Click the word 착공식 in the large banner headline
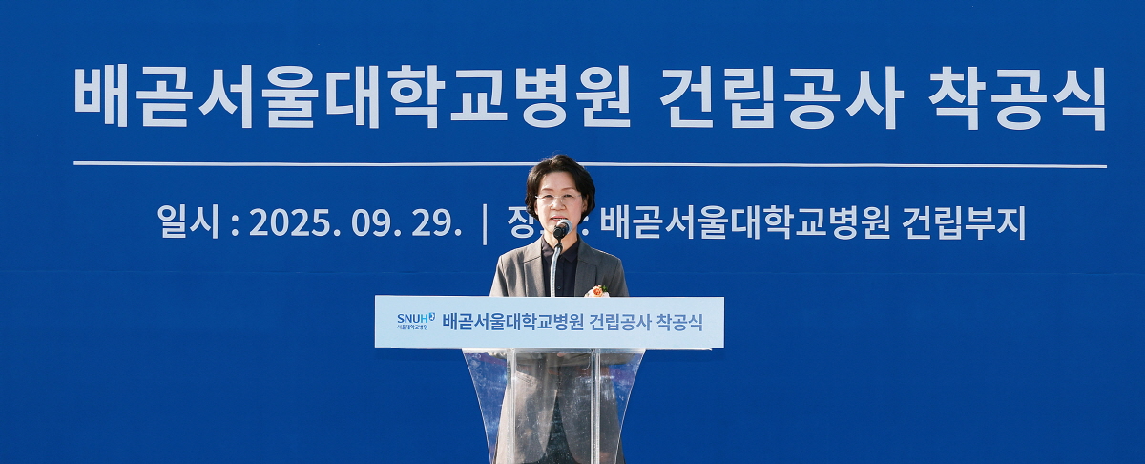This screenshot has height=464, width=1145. pos(1017,98)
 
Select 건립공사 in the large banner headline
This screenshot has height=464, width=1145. pos(780,98)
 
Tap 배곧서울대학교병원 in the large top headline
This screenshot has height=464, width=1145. pos(352,98)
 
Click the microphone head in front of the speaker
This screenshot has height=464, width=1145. pos(561,229)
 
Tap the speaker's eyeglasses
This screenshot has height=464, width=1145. pos(558,199)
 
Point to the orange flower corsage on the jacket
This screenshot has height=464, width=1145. pos(597,290)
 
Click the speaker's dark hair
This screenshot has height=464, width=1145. pos(560,171)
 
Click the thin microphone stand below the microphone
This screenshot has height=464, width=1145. pos(553,267)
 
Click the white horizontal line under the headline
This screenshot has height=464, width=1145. pos(286,164)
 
